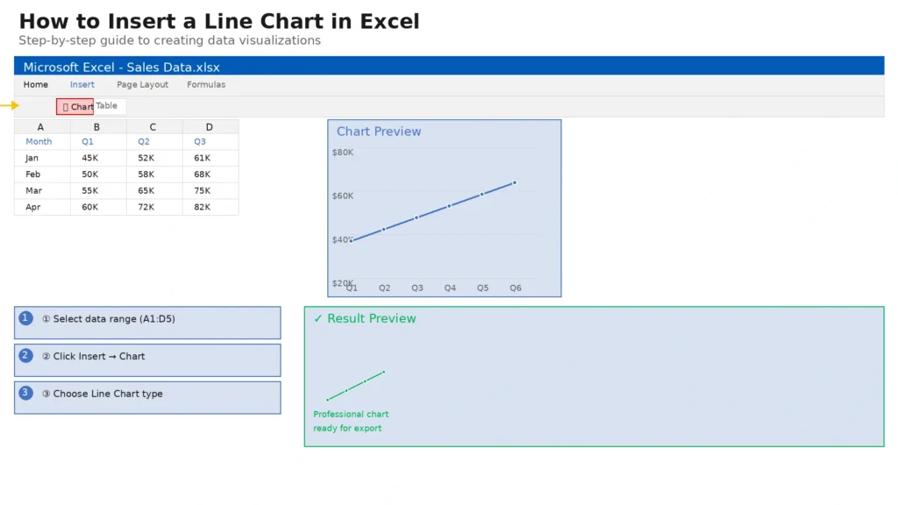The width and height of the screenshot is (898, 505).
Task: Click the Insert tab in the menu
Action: [x=82, y=85]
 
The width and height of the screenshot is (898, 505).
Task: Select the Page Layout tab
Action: [x=143, y=85]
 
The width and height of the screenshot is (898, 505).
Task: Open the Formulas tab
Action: [x=206, y=85]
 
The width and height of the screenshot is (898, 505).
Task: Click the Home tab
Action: [x=35, y=85]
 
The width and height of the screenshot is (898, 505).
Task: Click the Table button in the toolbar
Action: [x=106, y=106]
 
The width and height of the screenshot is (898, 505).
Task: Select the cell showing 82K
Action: [x=203, y=207]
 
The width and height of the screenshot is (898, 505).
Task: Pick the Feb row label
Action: [x=33, y=174]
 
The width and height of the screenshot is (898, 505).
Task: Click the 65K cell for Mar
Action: [x=146, y=190]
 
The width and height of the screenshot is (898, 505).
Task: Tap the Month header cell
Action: [x=39, y=141]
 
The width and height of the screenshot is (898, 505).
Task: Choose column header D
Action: [x=210, y=127]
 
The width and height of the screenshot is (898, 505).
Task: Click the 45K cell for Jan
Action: [x=90, y=158]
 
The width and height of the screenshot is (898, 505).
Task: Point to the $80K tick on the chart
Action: [x=343, y=153]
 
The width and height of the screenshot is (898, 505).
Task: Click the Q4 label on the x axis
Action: [x=450, y=288]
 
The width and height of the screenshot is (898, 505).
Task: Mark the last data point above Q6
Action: [x=515, y=182]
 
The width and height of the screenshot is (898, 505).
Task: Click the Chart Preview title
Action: [x=379, y=132]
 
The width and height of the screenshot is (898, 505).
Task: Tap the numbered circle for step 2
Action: [x=25, y=356]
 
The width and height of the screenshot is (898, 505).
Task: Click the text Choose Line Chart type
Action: [x=108, y=394]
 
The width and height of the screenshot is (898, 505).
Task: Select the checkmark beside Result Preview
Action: [x=318, y=319]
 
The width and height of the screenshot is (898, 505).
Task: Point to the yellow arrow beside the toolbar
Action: [x=10, y=105]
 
